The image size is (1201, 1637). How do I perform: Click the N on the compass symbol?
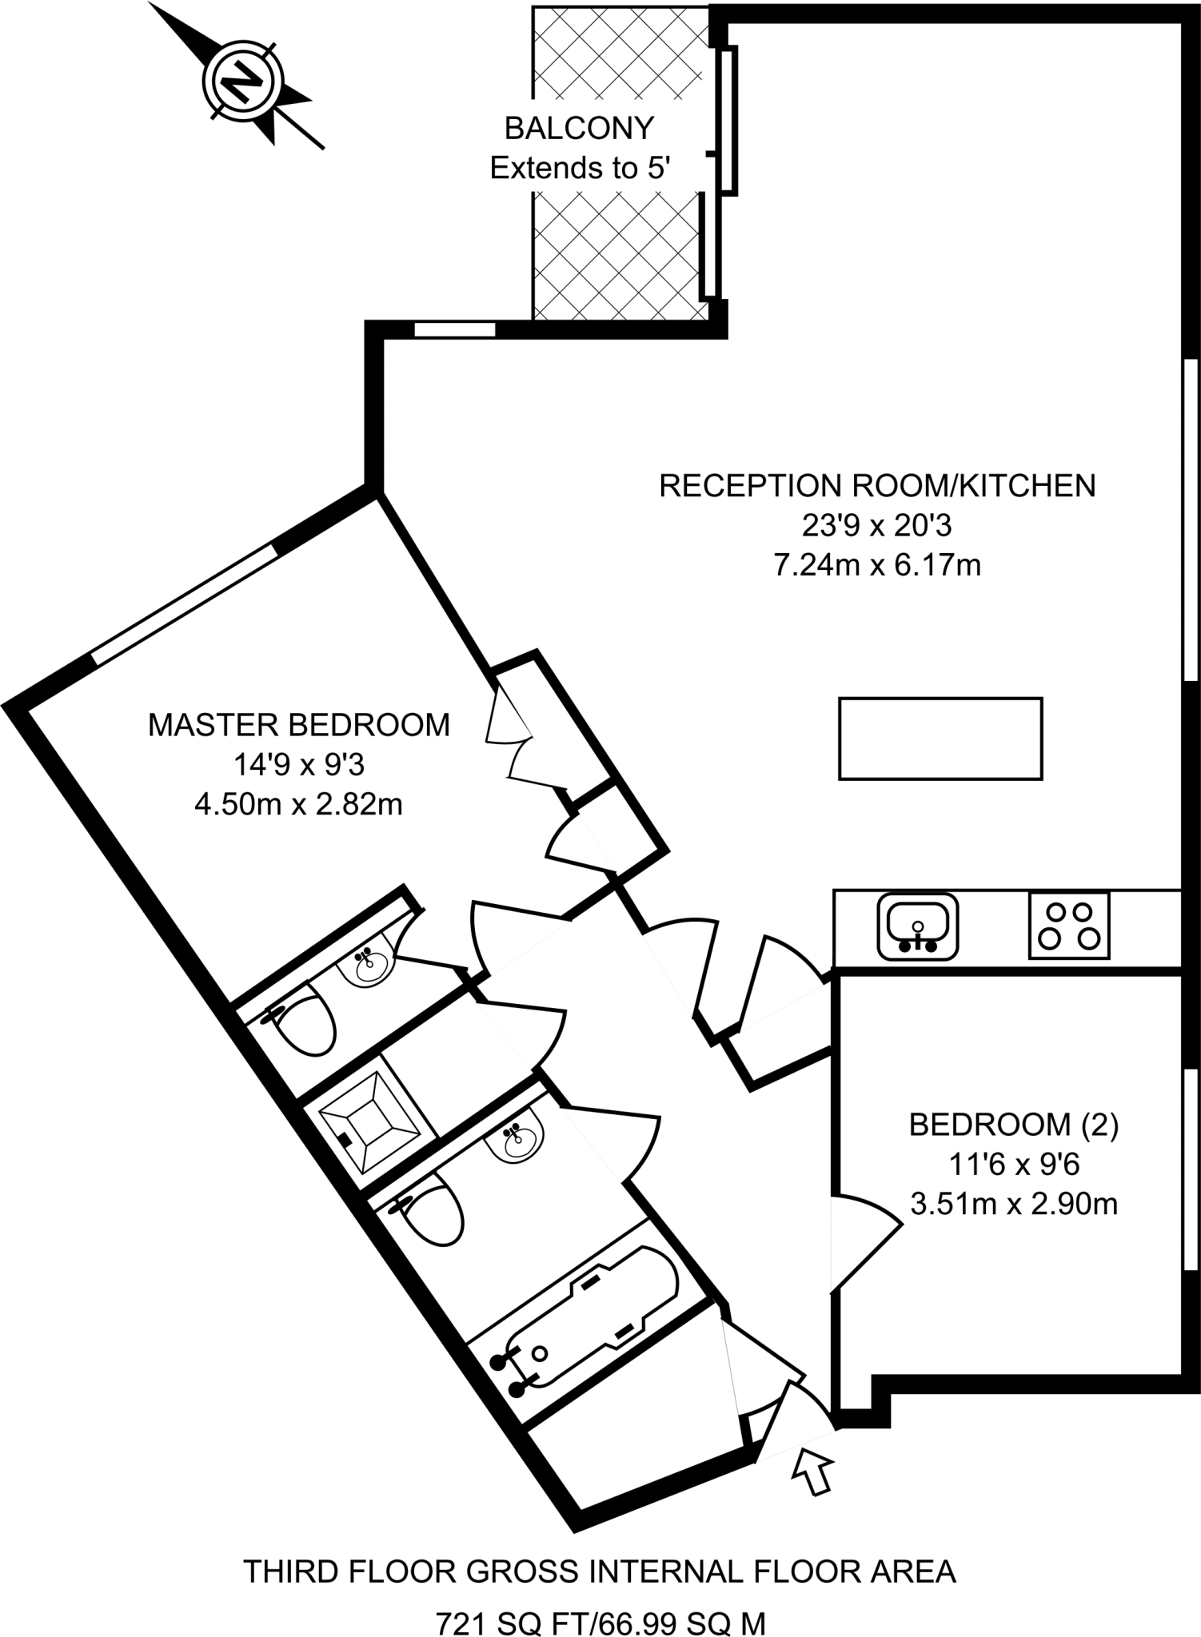(241, 81)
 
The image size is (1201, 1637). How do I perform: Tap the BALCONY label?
(579, 128)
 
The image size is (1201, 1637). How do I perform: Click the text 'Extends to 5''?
(579, 169)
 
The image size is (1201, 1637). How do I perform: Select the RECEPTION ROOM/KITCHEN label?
(877, 486)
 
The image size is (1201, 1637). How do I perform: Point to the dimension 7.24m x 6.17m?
(877, 566)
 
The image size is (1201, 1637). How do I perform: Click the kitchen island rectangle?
(940, 739)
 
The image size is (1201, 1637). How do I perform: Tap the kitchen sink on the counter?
(917, 926)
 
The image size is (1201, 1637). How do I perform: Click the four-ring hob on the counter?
(1069, 926)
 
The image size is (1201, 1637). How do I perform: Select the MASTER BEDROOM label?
(299, 725)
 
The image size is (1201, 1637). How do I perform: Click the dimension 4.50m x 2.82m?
(299, 805)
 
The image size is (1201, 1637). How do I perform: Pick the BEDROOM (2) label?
(1014, 1125)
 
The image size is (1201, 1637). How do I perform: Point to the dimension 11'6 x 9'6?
(1014, 1165)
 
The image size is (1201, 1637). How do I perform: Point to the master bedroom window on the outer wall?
(184, 604)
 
